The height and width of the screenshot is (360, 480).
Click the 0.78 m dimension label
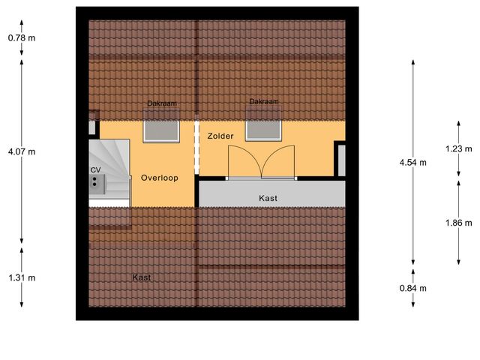click(22, 37)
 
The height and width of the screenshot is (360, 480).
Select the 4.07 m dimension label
click(22, 151)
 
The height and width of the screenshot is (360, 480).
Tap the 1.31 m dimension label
click(22, 277)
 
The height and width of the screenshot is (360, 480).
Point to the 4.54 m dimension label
click(413, 162)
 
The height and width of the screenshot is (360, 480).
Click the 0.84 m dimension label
click(413, 287)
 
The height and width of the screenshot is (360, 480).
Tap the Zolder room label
click(220, 136)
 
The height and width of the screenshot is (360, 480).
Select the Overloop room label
click(158, 178)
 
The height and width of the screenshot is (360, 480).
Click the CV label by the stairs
click(95, 170)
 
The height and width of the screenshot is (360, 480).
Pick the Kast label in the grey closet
click(268, 198)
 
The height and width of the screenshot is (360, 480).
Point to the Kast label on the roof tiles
click(141, 277)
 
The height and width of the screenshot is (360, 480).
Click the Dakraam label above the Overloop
click(161, 104)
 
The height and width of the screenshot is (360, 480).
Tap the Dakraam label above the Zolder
click(264, 101)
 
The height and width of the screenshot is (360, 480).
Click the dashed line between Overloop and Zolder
click(196, 148)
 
